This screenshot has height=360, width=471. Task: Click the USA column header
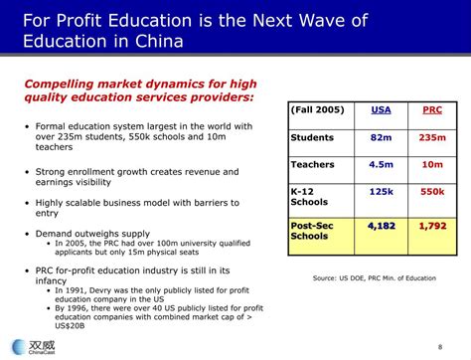coord(381,110)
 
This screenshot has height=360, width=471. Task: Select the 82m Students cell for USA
coord(381,137)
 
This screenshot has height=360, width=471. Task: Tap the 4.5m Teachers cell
coord(381,165)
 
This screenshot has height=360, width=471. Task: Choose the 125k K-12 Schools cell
coord(381,193)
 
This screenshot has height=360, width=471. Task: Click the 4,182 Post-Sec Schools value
coord(381,226)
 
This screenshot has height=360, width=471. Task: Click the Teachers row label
coord(313,165)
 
